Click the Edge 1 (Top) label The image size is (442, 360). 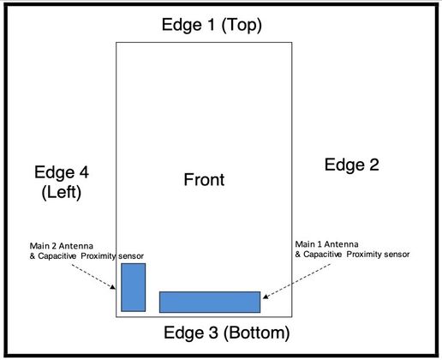(x=212, y=25)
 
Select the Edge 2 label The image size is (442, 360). (x=352, y=165)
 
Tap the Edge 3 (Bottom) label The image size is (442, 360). (x=227, y=333)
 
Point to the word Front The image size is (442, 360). (x=204, y=180)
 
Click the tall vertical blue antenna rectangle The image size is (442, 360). (x=134, y=287)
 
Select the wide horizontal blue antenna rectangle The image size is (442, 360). (x=210, y=302)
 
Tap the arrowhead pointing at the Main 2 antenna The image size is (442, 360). (x=113, y=287)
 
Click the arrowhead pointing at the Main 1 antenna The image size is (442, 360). (x=266, y=297)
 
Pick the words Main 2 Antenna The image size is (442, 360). (x=62, y=246)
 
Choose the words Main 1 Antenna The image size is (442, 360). (x=326, y=244)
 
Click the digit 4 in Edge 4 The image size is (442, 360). (x=83, y=172)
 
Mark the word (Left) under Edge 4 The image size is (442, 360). (x=62, y=193)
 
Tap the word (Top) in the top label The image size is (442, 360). (x=242, y=25)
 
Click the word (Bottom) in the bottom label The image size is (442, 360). (x=257, y=333)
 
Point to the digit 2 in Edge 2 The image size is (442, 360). (x=373, y=165)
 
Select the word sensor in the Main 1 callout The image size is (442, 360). (x=397, y=255)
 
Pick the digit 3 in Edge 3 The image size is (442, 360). (x=212, y=333)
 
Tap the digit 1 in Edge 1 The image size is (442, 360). (x=211, y=25)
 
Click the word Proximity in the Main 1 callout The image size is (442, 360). (x=364, y=255)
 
